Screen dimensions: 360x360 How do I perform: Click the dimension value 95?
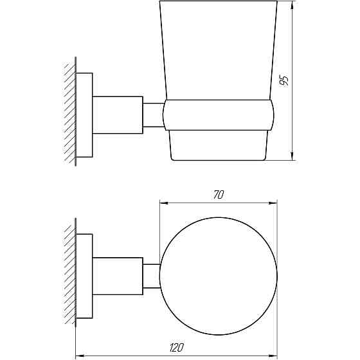tap(284, 80)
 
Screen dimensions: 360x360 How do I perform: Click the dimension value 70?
tap(219, 195)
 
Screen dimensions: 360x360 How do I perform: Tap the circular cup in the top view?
tap(219, 275)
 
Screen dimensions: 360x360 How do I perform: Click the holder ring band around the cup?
tap(219, 115)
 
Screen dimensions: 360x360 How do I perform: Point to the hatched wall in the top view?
tap(69, 274)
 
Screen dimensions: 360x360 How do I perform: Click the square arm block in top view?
tap(118, 275)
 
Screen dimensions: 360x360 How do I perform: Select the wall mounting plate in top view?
tap(84, 275)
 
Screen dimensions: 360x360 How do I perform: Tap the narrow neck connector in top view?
tap(151, 275)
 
